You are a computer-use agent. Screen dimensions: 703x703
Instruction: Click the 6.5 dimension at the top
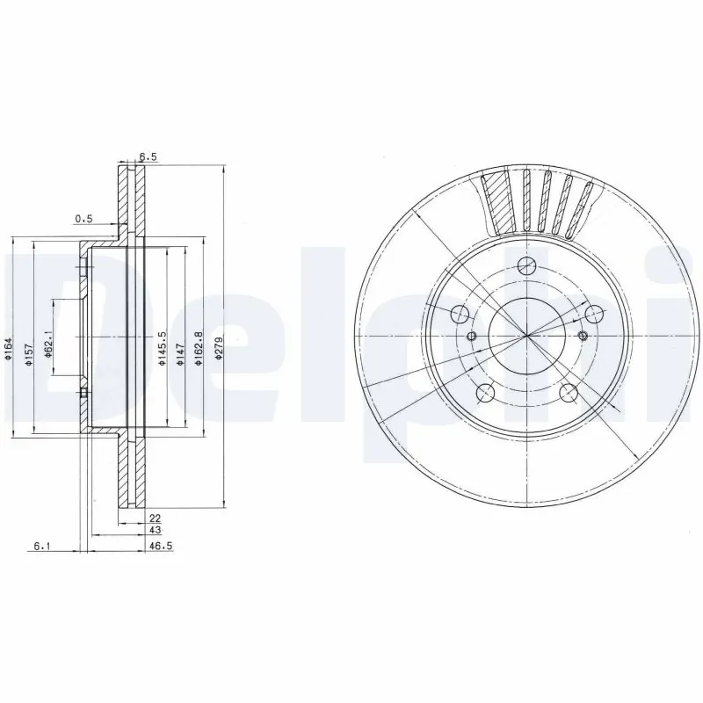tap(149, 157)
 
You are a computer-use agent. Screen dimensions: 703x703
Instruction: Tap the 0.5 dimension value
tap(83, 218)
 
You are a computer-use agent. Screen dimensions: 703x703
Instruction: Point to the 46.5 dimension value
tap(158, 547)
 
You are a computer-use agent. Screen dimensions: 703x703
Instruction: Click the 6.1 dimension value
tap(41, 547)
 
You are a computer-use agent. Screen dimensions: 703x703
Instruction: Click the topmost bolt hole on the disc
tap(525, 266)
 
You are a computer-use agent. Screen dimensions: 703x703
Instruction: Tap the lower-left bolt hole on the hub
tap(483, 393)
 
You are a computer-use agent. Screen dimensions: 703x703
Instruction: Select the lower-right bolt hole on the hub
tap(569, 392)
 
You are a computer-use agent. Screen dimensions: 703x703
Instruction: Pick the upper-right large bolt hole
tap(594, 314)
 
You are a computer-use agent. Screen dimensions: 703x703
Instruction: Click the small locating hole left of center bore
tap(472, 337)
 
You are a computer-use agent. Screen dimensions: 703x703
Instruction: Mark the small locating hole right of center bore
tap(582, 337)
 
